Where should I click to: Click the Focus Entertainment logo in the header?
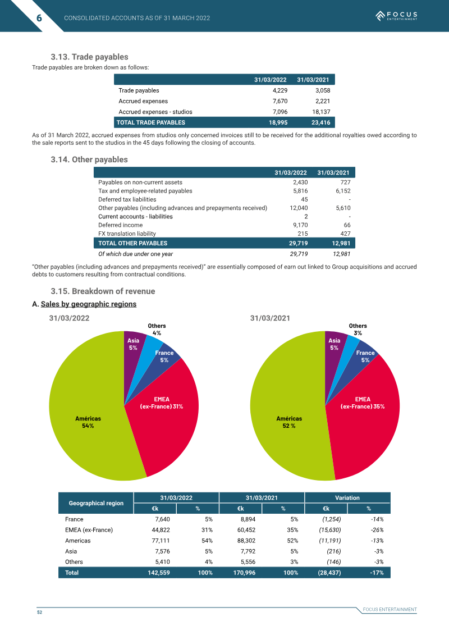[396, 16]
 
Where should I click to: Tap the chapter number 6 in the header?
[39, 18]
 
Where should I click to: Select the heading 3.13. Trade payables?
[89, 57]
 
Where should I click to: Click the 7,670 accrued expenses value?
[280, 101]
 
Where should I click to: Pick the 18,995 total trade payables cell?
[278, 122]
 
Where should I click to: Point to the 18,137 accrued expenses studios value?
[321, 112]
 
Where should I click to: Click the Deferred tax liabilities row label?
[127, 199]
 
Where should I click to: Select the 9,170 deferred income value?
[300, 225]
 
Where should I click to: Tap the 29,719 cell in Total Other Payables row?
[299, 244]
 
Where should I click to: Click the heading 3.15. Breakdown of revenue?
[103, 291]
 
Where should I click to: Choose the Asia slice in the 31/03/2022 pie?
[134, 353]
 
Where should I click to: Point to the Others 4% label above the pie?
[157, 329]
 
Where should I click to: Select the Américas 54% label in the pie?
[88, 422]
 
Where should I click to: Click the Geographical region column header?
[96, 503]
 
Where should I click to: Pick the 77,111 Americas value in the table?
[161, 541]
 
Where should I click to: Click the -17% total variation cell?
[377, 573]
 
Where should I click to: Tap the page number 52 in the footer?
[40, 613]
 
